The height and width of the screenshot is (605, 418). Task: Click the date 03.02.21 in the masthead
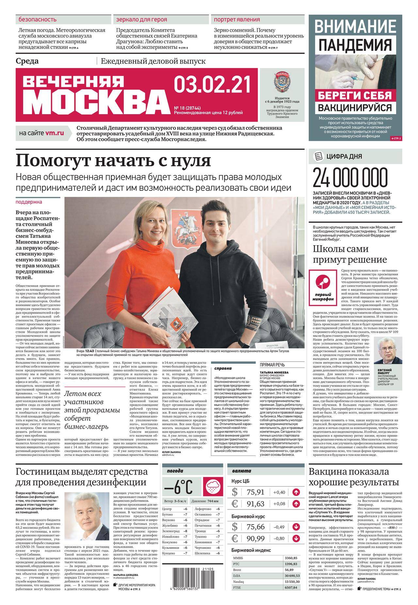tap(212, 84)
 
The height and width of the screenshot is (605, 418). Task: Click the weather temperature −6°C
tap(179, 488)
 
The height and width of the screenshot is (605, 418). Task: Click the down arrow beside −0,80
tap(296, 538)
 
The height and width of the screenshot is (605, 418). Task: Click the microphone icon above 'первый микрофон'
tap(322, 281)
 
